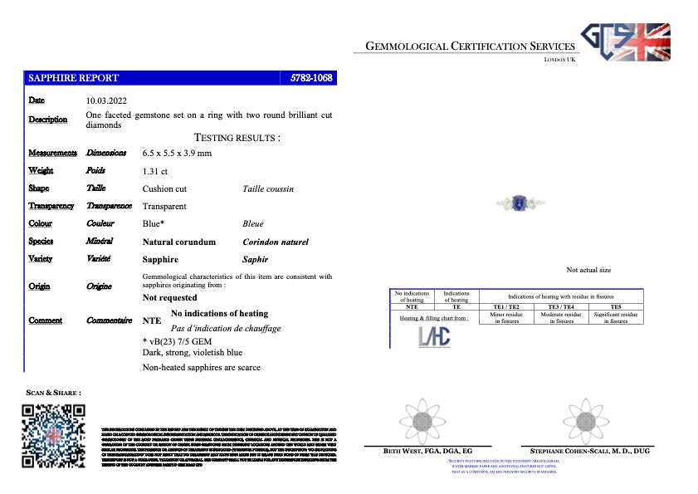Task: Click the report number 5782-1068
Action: [x=311, y=78]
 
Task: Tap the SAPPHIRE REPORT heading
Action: [x=74, y=78]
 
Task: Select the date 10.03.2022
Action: [x=107, y=100]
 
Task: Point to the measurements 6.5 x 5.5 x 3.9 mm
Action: [x=177, y=154]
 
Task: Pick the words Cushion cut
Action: [x=164, y=188]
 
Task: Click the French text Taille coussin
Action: [x=267, y=188]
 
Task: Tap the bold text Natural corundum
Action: [x=178, y=242]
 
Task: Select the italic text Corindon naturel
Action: [x=275, y=242]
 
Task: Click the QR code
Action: [x=54, y=435]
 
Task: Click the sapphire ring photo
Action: [x=519, y=203]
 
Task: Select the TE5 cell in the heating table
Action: [x=615, y=307]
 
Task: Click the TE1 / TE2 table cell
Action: [x=506, y=307]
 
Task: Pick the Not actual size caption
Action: [x=588, y=270]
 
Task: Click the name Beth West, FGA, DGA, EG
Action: [x=421, y=451]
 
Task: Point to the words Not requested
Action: [x=169, y=297]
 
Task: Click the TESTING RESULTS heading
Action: [x=237, y=137]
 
